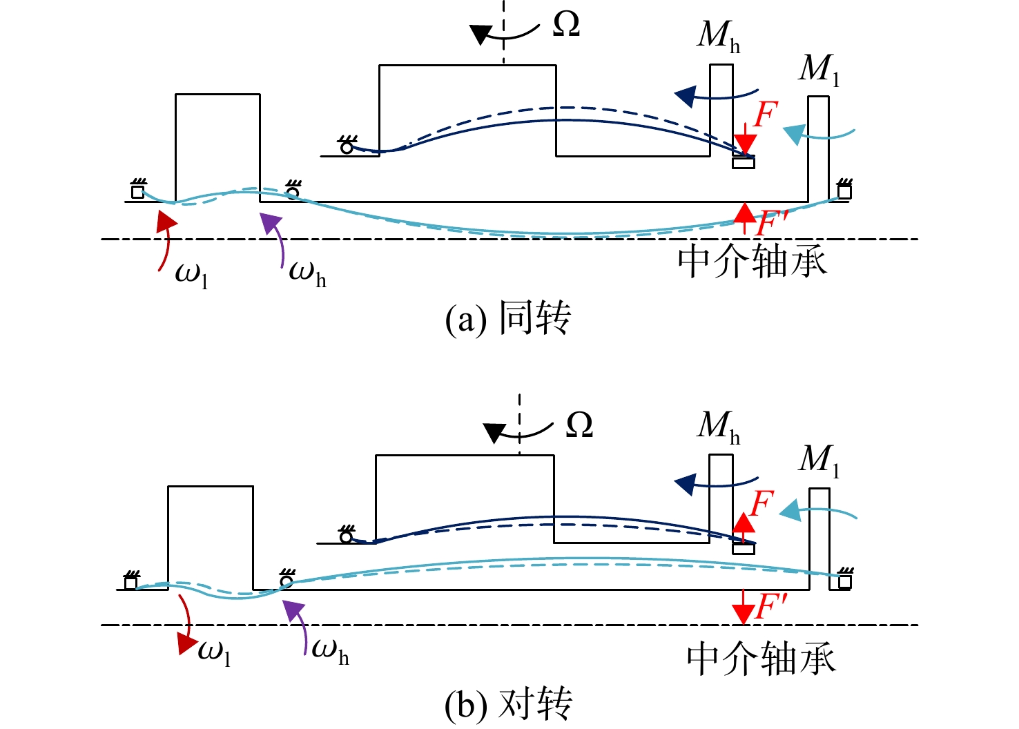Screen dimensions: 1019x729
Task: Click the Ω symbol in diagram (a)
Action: point(566,23)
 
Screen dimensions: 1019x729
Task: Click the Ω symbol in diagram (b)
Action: point(579,425)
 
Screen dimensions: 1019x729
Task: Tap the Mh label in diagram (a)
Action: point(718,37)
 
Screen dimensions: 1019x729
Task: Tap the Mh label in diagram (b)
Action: point(718,427)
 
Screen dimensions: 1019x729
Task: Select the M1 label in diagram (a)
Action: point(819,70)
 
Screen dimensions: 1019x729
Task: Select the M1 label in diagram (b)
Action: point(819,460)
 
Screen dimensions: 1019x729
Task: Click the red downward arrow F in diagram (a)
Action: point(745,139)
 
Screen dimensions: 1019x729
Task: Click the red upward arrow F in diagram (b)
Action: point(744,527)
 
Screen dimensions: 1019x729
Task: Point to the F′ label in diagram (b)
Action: point(770,606)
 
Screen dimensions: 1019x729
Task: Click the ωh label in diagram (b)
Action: point(330,652)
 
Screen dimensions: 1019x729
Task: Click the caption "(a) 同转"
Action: point(507,318)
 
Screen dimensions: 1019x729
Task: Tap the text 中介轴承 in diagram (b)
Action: point(761,658)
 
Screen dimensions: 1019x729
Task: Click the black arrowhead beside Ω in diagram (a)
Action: point(481,35)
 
